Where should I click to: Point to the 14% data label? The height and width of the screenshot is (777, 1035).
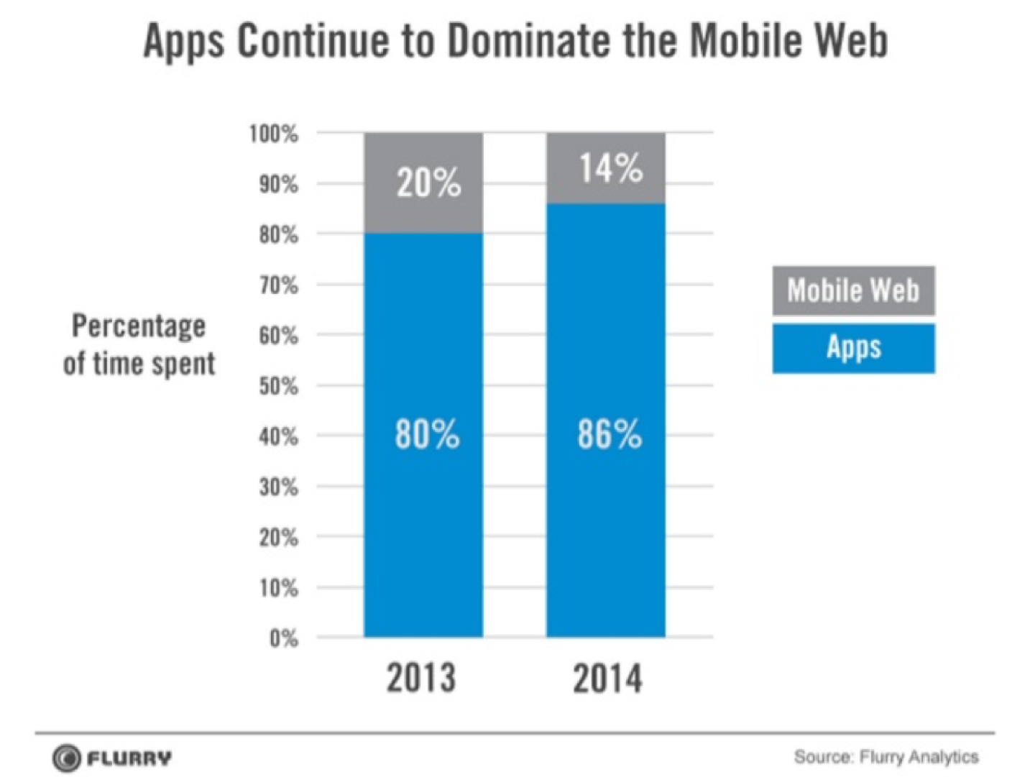coord(611,169)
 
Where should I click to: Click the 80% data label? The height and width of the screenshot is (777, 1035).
coord(427,434)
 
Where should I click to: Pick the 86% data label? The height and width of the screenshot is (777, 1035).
coord(609,434)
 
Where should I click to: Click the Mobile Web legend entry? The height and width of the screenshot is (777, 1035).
coord(853,290)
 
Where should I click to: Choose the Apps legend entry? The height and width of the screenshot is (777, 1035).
coord(853,348)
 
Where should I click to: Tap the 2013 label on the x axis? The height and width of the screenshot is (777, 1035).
coord(421,678)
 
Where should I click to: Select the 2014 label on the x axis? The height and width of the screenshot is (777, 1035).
coord(607,679)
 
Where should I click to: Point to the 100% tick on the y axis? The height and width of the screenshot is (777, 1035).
coord(274,134)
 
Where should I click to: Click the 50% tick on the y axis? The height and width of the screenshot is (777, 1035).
coord(279,387)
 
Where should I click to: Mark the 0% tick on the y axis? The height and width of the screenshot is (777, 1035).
coord(283,638)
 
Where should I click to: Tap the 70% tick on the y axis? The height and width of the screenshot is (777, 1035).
coord(279,285)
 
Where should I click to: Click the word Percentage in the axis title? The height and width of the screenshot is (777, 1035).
coord(139,327)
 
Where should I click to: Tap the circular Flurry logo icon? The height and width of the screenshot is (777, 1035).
coord(67,758)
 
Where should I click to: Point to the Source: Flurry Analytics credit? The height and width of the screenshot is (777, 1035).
coord(885,757)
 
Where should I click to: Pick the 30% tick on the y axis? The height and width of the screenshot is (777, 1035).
coord(279,487)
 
